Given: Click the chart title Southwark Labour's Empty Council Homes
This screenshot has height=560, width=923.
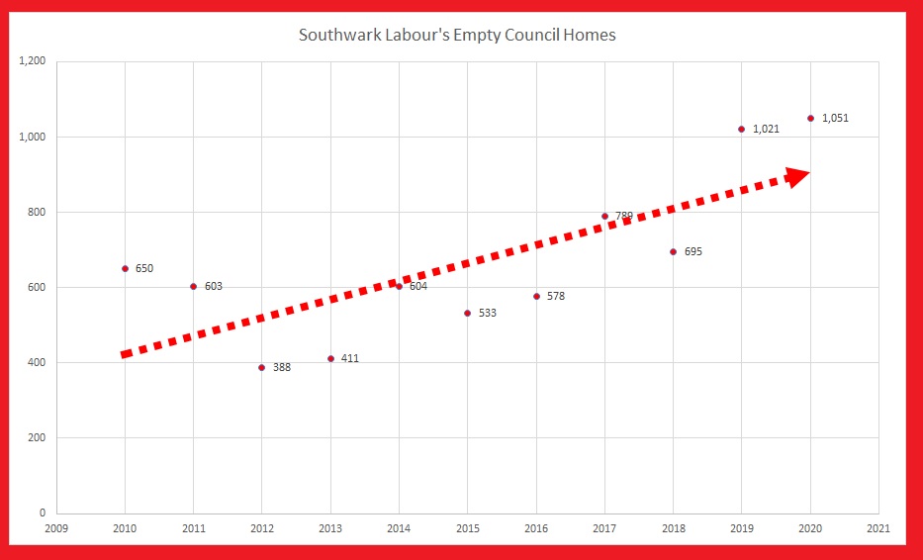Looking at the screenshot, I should pos(457,36).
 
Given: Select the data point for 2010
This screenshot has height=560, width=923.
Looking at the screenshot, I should pos(125,268).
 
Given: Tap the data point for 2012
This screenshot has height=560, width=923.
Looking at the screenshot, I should pos(261,367).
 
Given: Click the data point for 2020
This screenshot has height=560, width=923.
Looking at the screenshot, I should pos(810,118).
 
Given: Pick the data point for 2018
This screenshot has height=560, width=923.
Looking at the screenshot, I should pos(673,251).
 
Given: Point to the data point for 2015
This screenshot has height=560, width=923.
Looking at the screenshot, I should pos(467,313).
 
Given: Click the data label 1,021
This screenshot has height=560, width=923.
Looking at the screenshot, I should pos(767,130).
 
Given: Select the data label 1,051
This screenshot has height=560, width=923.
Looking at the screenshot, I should pos(835,119).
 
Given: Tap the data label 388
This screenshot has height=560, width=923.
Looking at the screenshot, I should pos(282,368).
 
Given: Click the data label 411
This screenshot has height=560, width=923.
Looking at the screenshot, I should pos(350,358).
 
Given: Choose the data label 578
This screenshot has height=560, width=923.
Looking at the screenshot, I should pos(556,296).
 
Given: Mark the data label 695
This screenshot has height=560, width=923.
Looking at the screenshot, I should pos(692,252).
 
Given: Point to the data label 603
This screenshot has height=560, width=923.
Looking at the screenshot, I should pos(214,287).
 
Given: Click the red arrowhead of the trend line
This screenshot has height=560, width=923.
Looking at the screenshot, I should pos(797,176).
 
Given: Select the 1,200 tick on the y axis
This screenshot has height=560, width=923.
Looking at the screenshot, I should pos(33,61).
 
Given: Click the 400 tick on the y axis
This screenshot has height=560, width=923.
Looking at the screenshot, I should pos(38,363).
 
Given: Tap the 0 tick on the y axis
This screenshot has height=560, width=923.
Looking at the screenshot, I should pos(43,513).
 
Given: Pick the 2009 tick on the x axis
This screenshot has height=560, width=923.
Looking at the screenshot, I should pos(56,528).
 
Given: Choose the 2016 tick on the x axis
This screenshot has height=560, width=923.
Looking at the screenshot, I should pos(535,528).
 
